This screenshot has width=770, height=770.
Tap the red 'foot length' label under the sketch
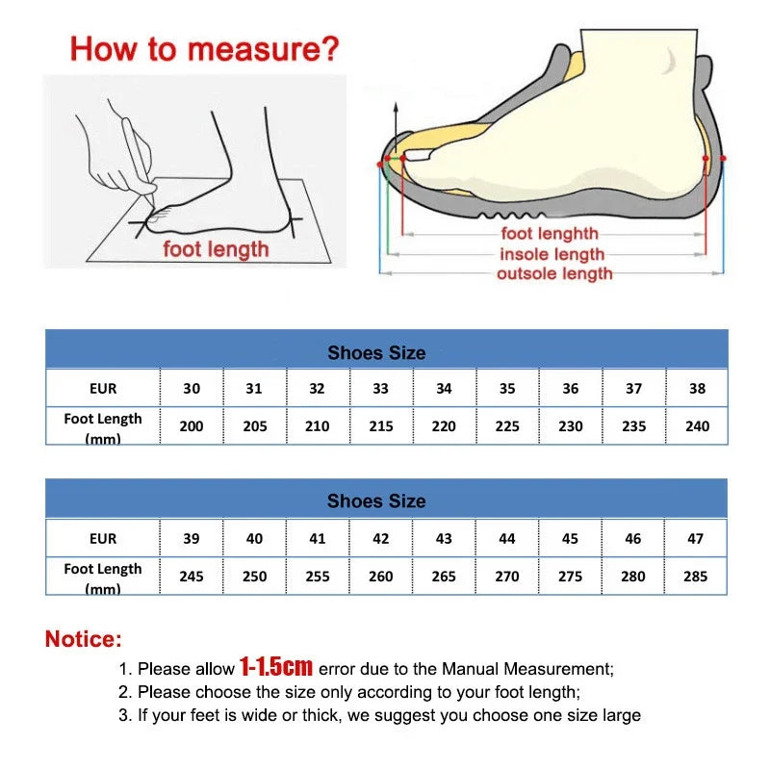pos(216,249)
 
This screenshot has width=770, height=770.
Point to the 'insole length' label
pos(552,254)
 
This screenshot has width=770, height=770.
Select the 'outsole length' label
pos(553,274)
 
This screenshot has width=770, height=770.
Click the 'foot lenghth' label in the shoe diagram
pos(550,234)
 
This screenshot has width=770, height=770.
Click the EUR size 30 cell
pos(192,389)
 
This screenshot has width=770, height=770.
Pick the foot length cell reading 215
pos(381,425)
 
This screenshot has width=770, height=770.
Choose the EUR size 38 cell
pos(697,389)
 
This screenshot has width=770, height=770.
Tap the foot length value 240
pos(697,425)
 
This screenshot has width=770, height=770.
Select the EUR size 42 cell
pos(381,539)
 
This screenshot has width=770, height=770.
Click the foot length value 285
pos(695,576)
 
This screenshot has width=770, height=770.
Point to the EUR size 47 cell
pos(695,539)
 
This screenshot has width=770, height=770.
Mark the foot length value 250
pos(254,576)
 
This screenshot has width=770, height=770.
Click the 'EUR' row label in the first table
pos(103,389)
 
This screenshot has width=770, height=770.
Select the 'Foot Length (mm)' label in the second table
pos(103,577)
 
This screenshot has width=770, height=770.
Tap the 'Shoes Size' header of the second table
pos(375,501)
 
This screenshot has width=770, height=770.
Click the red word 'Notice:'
pos(84,638)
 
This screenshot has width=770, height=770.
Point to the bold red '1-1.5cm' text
pos(276,666)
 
